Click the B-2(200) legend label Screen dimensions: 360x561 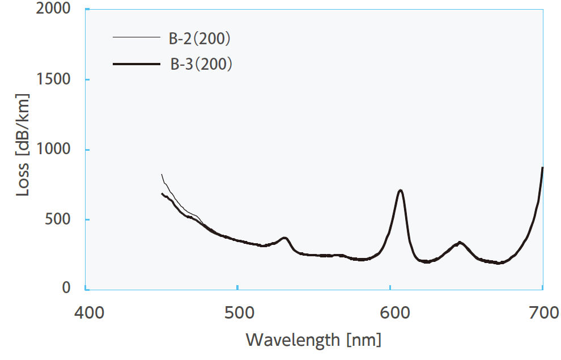tap(201, 39)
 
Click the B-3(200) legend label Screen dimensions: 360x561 tap(201, 65)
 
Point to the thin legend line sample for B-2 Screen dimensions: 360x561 tap(136, 38)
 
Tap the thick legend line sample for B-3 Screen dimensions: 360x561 tap(136, 65)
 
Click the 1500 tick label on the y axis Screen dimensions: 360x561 tap(54, 79)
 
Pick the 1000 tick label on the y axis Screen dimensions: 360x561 tap(54, 150)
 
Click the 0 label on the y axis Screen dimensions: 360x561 tap(66, 289)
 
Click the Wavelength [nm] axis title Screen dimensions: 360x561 tap(313, 340)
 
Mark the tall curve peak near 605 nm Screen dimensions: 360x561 tap(401, 190)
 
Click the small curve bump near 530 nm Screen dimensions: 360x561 tap(285, 238)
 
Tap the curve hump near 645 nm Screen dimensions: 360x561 tap(461, 243)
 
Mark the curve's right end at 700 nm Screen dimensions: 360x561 tap(542, 168)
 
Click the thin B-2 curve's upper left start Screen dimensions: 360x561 tap(162, 175)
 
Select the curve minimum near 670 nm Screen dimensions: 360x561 tap(498, 263)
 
